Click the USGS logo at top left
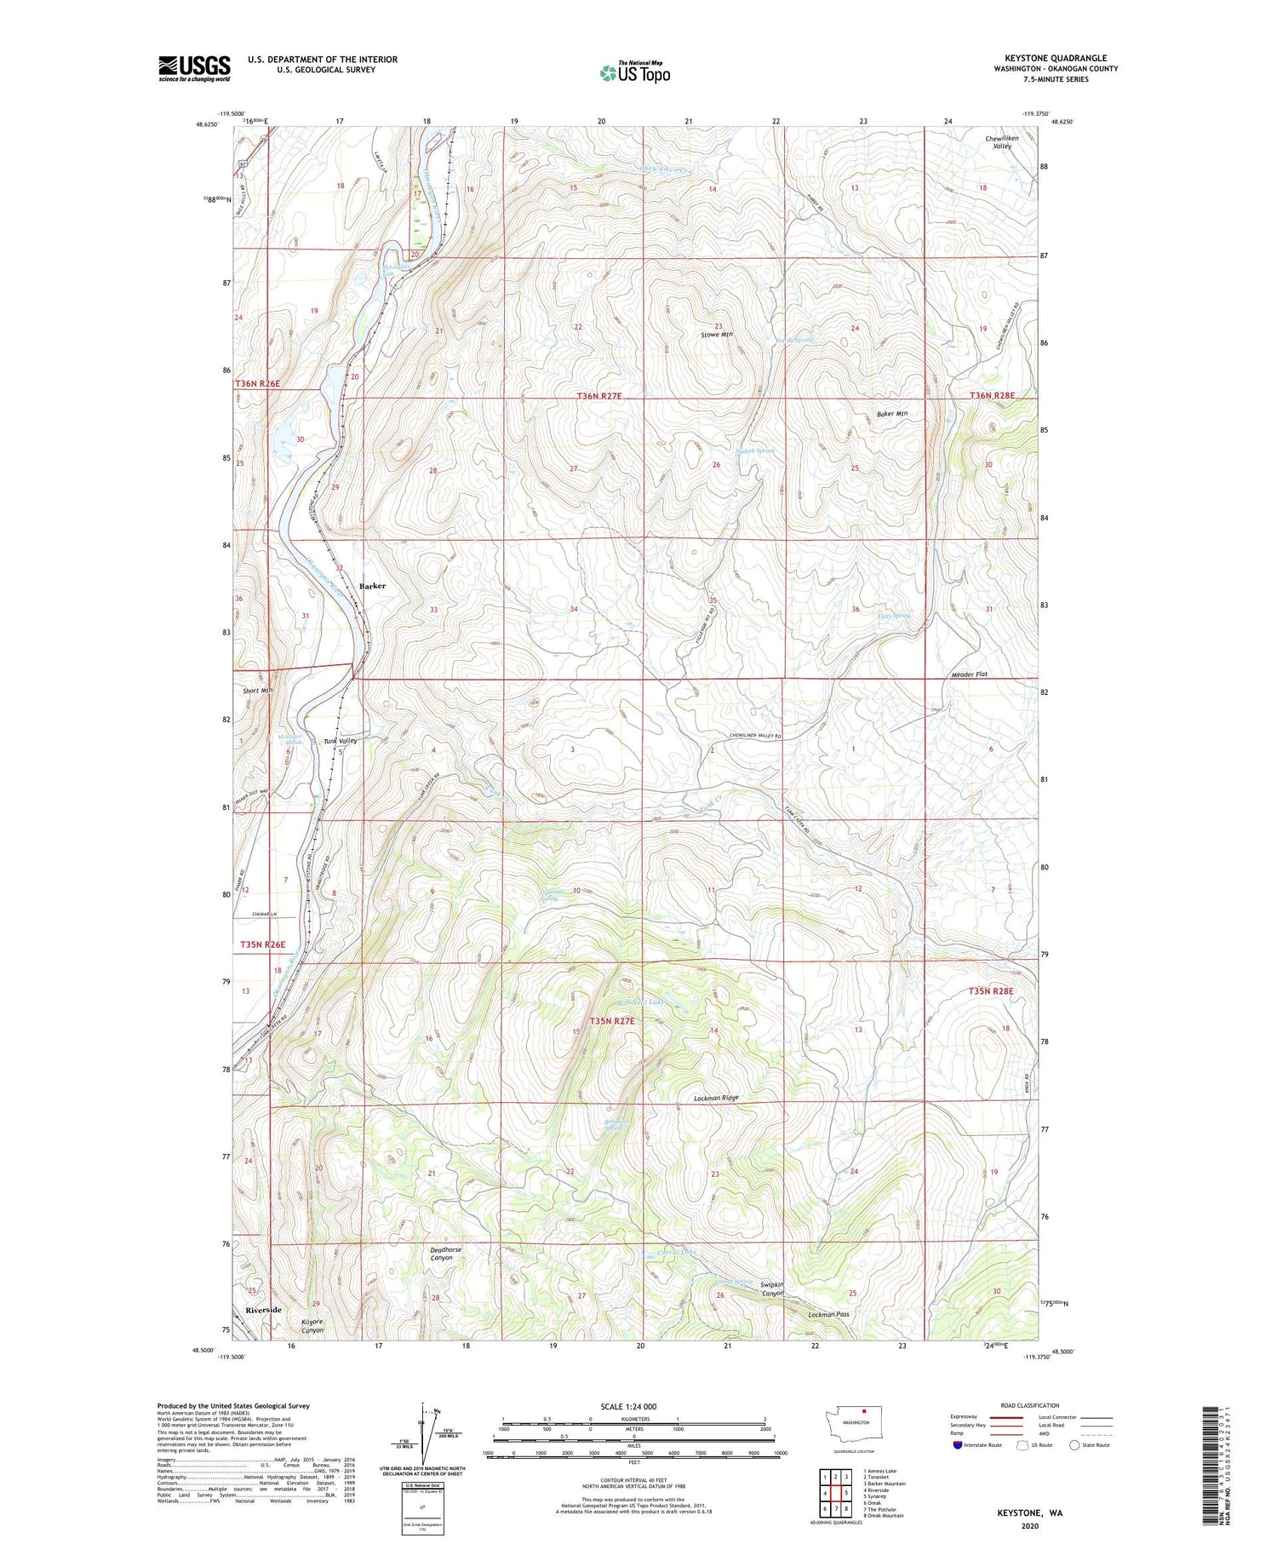(x=194, y=68)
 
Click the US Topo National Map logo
(x=635, y=72)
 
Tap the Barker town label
(x=372, y=586)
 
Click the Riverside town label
(x=264, y=1309)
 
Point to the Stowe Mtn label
(x=716, y=336)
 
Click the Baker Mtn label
(x=892, y=414)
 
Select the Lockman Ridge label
(x=712, y=1099)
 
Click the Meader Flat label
(x=969, y=674)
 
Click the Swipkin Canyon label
(x=772, y=1289)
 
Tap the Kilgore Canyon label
(x=313, y=1324)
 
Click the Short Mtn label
(x=258, y=691)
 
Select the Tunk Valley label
(x=340, y=741)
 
